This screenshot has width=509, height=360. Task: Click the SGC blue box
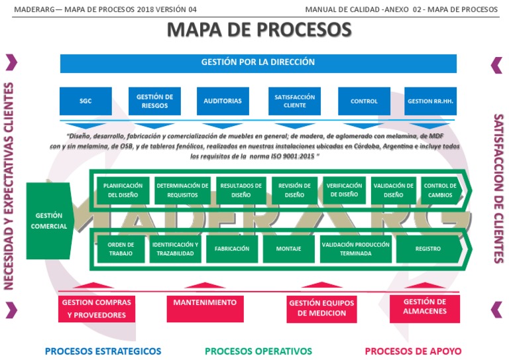pyautogui.click(x=85, y=101)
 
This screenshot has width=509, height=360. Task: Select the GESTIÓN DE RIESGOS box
pyautogui.click(x=154, y=101)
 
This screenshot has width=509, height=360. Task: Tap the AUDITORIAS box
pyautogui.click(x=223, y=101)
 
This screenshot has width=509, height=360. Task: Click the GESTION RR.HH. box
pyautogui.click(x=430, y=101)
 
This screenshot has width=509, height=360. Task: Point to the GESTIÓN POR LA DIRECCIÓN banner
pyautogui.click(x=258, y=63)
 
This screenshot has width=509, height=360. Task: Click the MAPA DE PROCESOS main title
pyautogui.click(x=258, y=30)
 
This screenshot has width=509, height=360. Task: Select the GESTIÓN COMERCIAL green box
pyautogui.click(x=49, y=221)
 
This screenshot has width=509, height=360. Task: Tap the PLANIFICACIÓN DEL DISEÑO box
pyautogui.click(x=123, y=190)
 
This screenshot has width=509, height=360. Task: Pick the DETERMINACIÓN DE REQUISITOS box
pyautogui.click(x=182, y=190)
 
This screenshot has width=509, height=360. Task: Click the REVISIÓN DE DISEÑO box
pyautogui.click(x=294, y=190)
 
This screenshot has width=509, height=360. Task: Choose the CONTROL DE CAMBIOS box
pyautogui.click(x=440, y=190)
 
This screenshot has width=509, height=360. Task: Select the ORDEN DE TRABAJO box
pyautogui.click(x=121, y=249)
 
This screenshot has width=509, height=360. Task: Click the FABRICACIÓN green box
pyautogui.click(x=232, y=249)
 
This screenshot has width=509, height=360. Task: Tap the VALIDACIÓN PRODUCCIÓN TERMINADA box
pyautogui.click(x=355, y=249)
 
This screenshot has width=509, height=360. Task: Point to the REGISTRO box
pyautogui.click(x=427, y=249)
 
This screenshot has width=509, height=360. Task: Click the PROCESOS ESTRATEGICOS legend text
pyautogui.click(x=103, y=351)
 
